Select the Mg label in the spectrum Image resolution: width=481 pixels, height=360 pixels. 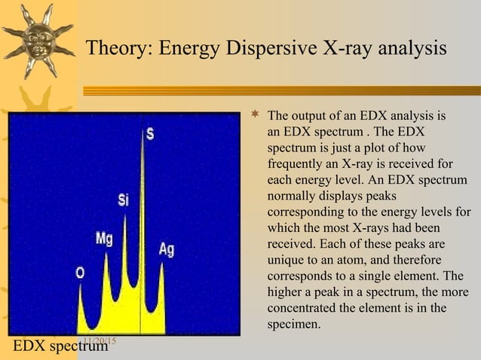(105, 238)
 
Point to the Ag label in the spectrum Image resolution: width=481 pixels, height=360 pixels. (167, 249)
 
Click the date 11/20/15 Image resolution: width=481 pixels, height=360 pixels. (97, 342)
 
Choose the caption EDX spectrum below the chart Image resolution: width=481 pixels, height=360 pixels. (60, 346)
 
